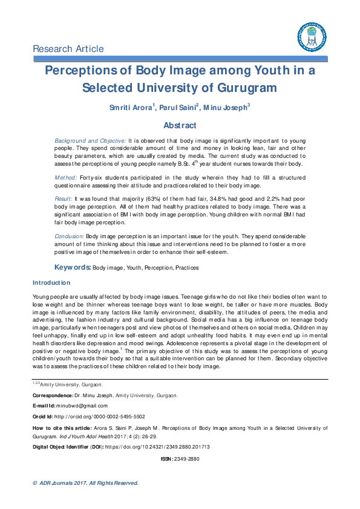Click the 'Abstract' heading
(x=180, y=126)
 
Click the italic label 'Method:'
(x=65, y=178)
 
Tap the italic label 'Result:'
(x=64, y=198)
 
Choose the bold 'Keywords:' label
(x=73, y=267)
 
